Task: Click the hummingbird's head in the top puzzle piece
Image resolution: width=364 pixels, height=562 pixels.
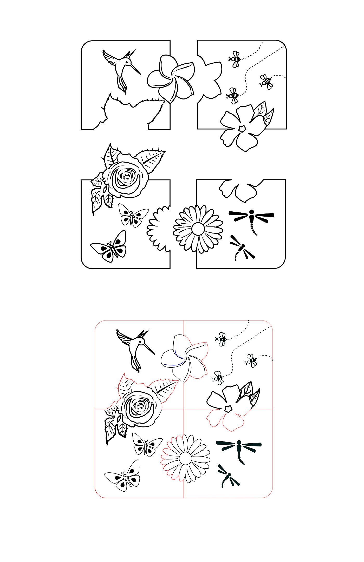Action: pos(127,62)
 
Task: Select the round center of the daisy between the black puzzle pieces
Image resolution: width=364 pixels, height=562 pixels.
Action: pos(198,229)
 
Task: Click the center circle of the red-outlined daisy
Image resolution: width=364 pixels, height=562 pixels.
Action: pos(186,458)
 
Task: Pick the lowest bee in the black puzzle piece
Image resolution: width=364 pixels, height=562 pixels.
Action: pos(233,96)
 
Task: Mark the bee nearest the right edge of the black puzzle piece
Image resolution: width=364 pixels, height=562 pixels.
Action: pos(266,82)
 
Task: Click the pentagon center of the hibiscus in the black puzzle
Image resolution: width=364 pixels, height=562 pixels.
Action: pos(242,128)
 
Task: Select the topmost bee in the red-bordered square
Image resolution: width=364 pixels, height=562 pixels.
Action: pos(222,339)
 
